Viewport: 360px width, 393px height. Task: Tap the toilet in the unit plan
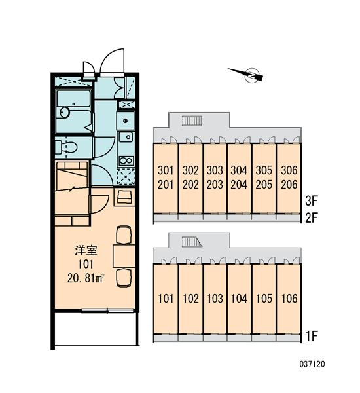[66, 147]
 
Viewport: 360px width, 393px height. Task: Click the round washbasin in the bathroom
[64, 113]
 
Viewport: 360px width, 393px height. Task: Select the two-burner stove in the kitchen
[126, 160]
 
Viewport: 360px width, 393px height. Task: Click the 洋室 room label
[86, 250]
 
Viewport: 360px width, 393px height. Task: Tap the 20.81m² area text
[86, 278]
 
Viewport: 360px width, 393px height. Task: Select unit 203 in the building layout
[215, 185]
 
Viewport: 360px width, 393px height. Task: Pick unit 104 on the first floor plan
[239, 299]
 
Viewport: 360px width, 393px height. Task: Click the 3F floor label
[312, 201]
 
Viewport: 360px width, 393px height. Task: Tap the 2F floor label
[312, 218]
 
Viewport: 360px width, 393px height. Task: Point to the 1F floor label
[312, 336]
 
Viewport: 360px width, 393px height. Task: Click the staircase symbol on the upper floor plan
[192, 121]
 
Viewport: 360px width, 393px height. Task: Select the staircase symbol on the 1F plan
[192, 242]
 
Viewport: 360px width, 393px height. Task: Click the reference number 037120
[312, 364]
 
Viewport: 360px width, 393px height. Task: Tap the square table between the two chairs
[124, 256]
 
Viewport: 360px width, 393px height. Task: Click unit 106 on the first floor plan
[289, 299]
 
